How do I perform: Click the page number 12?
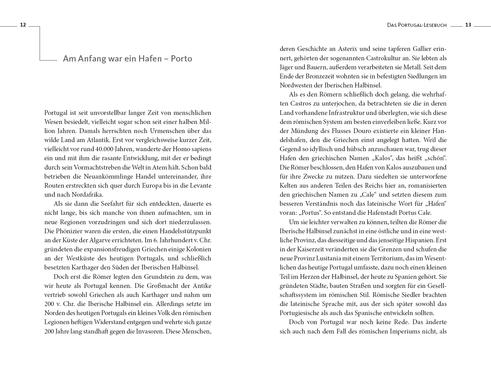[23, 25]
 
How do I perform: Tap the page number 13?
[468, 25]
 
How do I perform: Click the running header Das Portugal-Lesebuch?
[417, 25]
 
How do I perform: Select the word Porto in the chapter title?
[181, 59]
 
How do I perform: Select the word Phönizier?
[69, 231]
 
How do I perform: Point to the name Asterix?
[345, 49]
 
